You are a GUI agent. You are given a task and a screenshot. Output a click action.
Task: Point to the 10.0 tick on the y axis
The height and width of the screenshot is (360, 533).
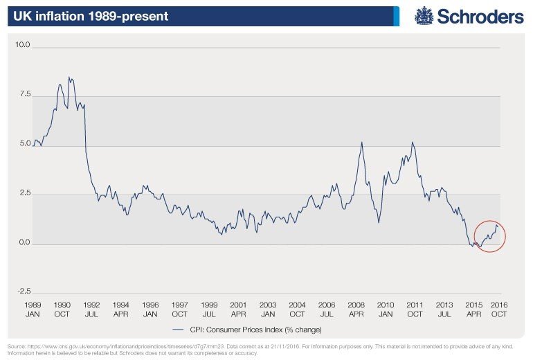pos(24,46)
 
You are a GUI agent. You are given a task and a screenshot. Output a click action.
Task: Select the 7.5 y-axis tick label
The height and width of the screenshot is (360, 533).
pos(25,95)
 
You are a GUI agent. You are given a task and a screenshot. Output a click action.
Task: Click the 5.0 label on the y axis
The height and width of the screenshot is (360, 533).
pos(25,145)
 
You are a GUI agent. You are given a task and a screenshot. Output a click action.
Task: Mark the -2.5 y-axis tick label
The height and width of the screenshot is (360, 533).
pos(24,291)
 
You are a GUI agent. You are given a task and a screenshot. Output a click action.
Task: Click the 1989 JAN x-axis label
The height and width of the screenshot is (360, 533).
pos(33,309)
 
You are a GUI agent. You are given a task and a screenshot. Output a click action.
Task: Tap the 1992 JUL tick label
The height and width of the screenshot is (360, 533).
pos(91,309)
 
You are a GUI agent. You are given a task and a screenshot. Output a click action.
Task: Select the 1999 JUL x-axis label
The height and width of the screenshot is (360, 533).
pos(209,309)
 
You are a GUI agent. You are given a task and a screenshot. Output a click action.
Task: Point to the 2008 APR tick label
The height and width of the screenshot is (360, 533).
pos(356,309)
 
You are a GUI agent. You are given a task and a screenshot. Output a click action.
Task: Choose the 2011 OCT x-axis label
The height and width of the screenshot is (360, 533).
pos(415,309)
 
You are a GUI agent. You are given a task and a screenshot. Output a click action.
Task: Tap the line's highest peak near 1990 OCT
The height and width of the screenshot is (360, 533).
pos(69,77)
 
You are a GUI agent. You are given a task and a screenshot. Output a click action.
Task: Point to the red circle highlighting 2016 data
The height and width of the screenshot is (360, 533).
pos(490,236)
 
